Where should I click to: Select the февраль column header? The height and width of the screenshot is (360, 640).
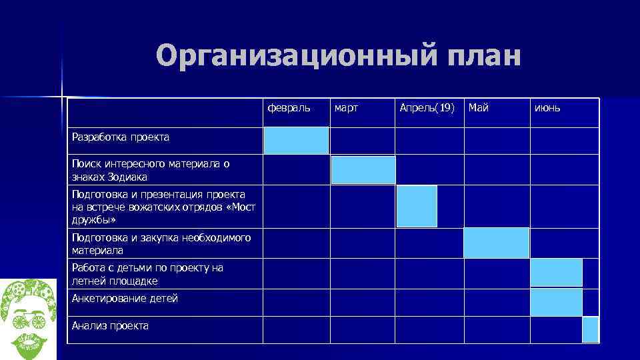pos(289,107)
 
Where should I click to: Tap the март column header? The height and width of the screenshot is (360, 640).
pos(346,107)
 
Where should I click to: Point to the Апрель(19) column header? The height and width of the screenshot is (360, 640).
pos(427,107)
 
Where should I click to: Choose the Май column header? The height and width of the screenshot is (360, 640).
pos(478,107)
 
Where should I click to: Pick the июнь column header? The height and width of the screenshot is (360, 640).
pos(547,107)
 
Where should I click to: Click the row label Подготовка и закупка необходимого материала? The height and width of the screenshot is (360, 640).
pos(161,244)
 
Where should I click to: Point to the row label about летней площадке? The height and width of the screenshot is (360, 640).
pos(147,274)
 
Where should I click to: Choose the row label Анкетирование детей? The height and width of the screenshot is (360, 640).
pos(125,299)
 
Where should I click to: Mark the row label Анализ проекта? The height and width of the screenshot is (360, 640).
pos(110,326)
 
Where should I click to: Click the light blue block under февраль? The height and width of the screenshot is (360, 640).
pos(296,141)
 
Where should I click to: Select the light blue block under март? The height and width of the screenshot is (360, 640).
pos(363,170)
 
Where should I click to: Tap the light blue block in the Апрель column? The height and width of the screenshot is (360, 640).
pos(417,207)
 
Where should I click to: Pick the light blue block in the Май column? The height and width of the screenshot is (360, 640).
pos(496,243)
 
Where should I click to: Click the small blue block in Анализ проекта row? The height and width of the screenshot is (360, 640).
pos(590,329)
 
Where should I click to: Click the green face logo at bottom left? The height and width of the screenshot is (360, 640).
pos(29,317)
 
